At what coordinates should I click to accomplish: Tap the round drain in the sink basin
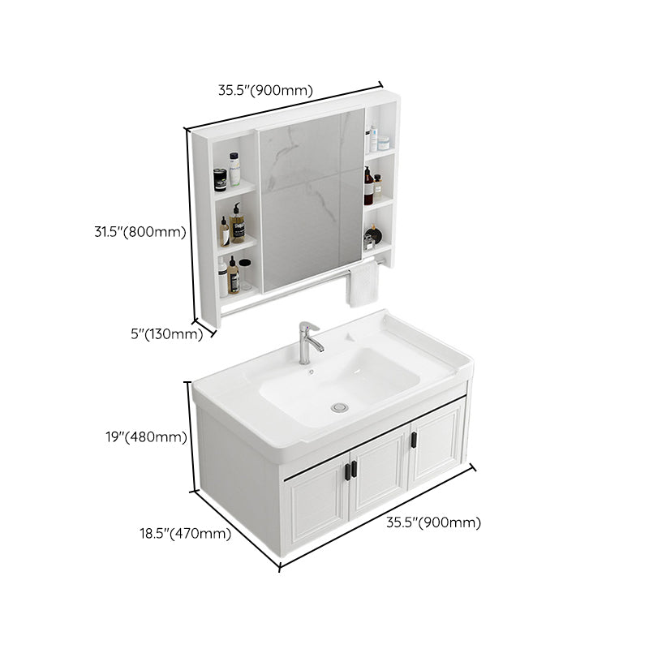[x=342, y=406]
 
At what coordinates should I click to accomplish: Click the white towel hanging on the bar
[x=362, y=284]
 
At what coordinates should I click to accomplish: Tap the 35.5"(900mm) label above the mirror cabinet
[x=265, y=90]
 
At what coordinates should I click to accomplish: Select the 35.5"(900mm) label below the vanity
[x=434, y=523]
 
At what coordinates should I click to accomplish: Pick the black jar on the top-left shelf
[x=220, y=180]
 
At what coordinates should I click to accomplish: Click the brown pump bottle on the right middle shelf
[x=368, y=187]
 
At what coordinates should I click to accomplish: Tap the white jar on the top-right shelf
[x=383, y=143]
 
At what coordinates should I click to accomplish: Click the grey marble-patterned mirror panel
[x=310, y=199]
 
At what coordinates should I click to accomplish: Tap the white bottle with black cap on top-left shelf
[x=234, y=170]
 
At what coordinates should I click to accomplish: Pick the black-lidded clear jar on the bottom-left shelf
[x=245, y=275]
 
